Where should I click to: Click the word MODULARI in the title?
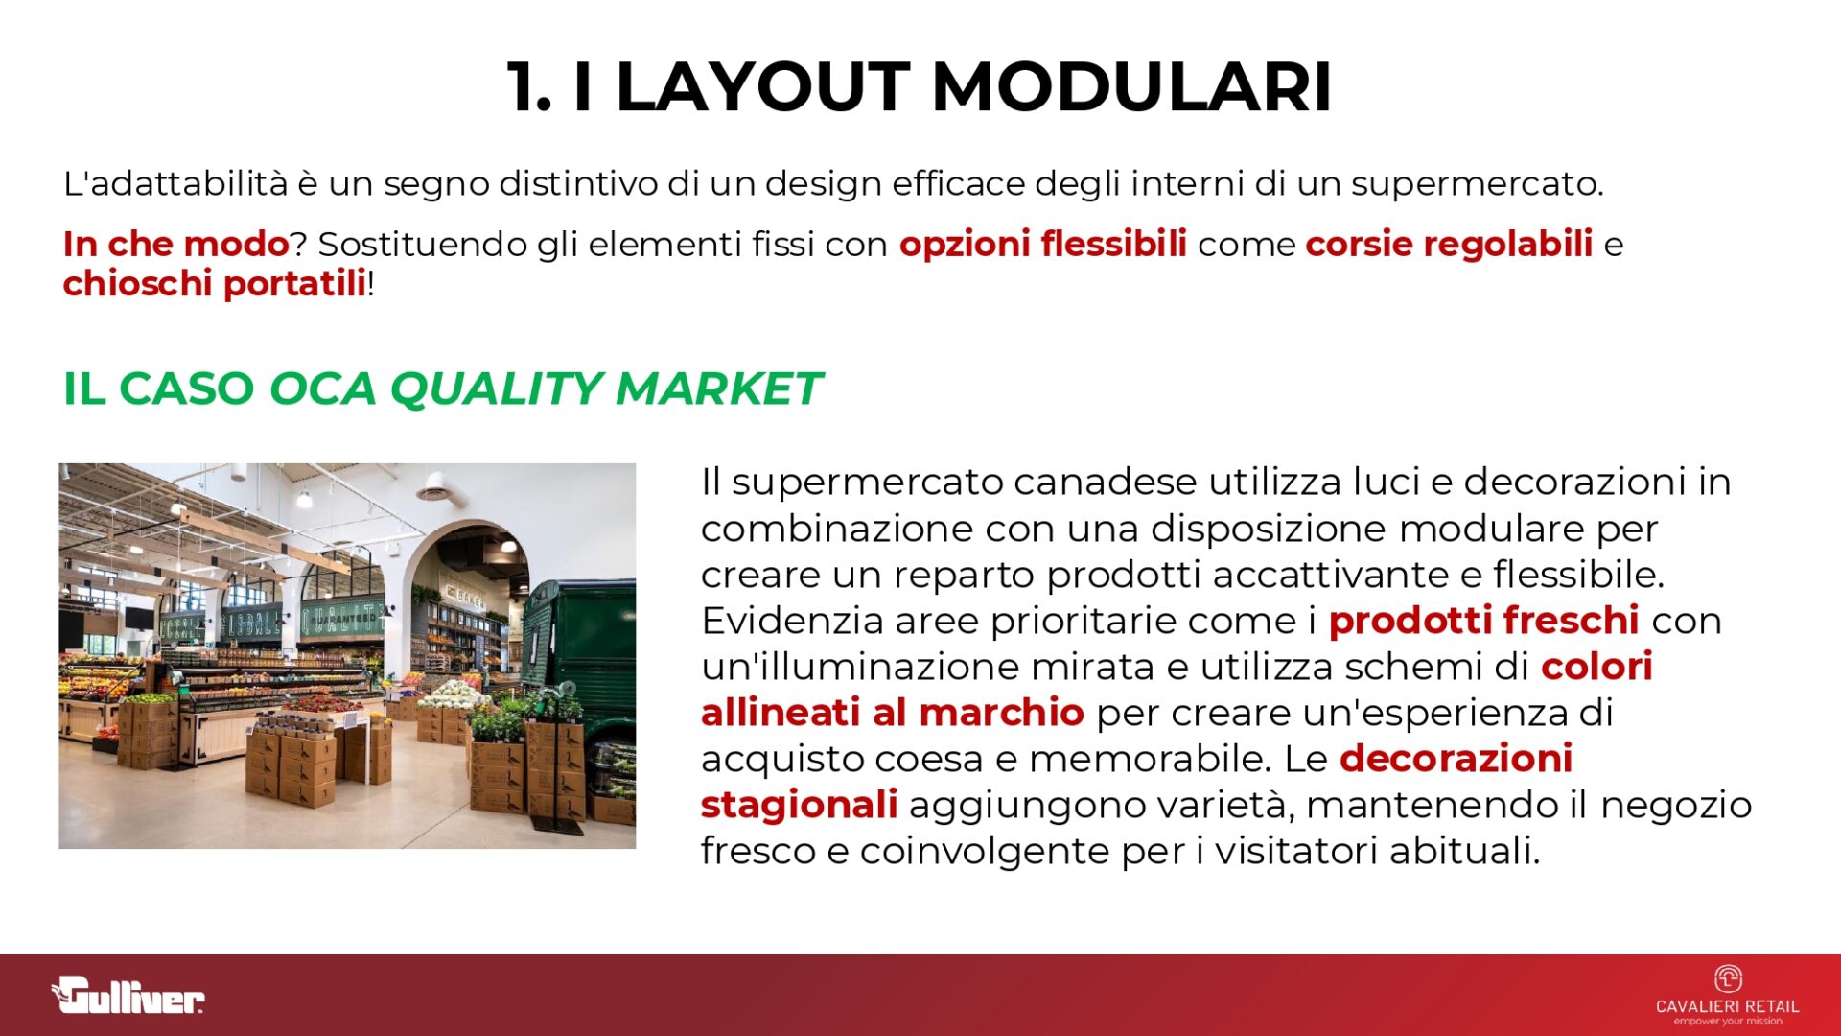pyautogui.click(x=1131, y=87)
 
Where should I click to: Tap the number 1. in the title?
pyautogui.click(x=529, y=87)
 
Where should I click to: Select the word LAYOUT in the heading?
pyautogui.click(x=762, y=87)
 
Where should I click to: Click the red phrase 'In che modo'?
pyautogui.click(x=175, y=244)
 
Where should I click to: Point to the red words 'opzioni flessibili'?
pyautogui.click(x=1042, y=244)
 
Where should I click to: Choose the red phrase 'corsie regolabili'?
pyautogui.click(x=1449, y=244)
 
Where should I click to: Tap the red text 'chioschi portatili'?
pyautogui.click(x=215, y=284)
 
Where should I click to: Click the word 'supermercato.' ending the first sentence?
pyautogui.click(x=1478, y=183)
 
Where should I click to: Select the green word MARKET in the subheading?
pyautogui.click(x=718, y=388)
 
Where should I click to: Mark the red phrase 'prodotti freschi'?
pyautogui.click(x=1483, y=621)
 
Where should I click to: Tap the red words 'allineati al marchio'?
pyautogui.click(x=892, y=713)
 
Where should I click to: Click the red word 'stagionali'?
pyautogui.click(x=799, y=805)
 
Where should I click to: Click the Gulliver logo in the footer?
pyautogui.click(x=128, y=995)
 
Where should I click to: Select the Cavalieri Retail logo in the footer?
pyautogui.click(x=1727, y=995)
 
